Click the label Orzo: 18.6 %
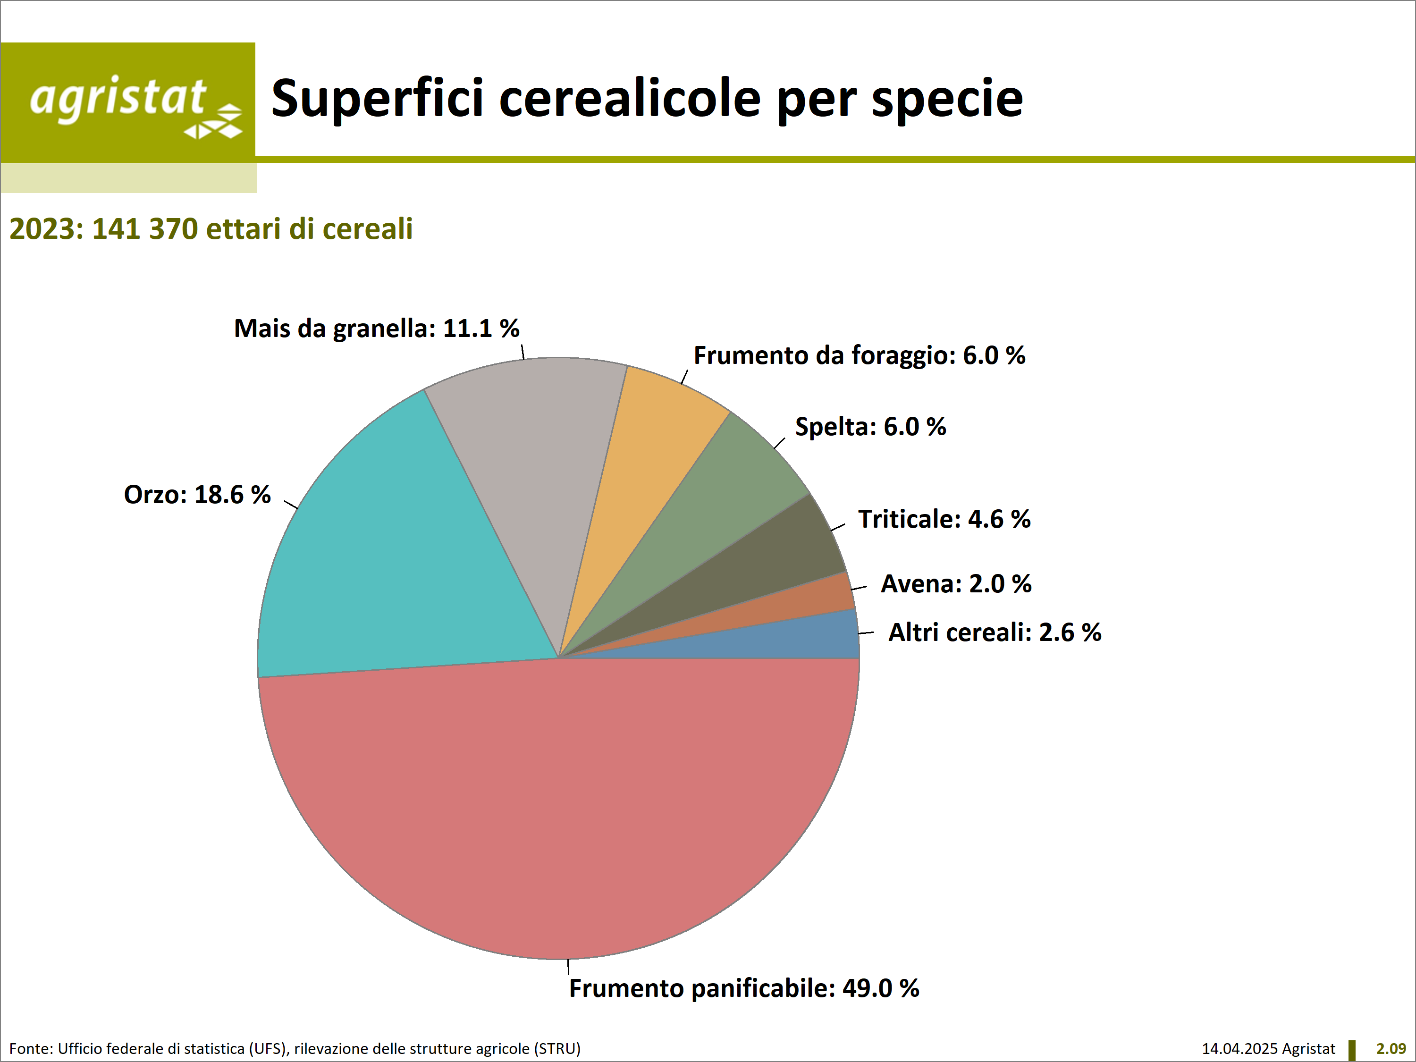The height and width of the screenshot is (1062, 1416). tap(197, 495)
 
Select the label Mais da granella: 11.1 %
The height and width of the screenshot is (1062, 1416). tap(376, 329)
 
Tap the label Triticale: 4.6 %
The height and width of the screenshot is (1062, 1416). tap(944, 519)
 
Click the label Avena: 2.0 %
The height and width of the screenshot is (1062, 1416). tap(956, 584)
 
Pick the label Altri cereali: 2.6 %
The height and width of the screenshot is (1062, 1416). tap(995, 632)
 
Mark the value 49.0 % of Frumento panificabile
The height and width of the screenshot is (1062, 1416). tap(881, 988)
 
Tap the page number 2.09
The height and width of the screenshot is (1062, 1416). tap(1391, 1049)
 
